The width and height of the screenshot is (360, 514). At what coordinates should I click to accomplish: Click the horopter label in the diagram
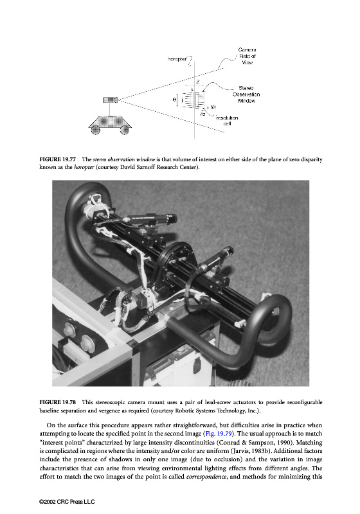[177, 59]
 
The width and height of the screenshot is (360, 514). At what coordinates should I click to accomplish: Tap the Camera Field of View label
[248, 56]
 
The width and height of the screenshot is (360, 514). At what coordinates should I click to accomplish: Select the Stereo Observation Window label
[246, 94]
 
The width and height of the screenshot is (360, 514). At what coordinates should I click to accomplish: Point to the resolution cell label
[227, 121]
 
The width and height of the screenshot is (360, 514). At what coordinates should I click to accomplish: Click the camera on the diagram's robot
[111, 100]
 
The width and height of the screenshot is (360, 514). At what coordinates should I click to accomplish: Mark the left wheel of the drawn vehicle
[95, 130]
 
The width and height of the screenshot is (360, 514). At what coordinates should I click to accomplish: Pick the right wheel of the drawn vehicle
[125, 130]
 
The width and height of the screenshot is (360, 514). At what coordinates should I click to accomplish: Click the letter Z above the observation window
[198, 82]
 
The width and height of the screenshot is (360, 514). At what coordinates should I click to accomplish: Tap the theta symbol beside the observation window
[174, 99]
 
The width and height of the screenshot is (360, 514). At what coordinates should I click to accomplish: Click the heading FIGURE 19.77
[58, 159]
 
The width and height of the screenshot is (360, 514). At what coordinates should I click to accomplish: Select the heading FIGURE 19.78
[58, 402]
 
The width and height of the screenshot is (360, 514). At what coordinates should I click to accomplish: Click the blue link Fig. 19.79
[219, 434]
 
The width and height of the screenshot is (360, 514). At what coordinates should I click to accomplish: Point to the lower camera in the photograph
[215, 260]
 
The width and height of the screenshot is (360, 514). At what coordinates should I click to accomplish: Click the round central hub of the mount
[177, 262]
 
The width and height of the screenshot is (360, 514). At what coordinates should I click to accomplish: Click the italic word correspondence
[206, 477]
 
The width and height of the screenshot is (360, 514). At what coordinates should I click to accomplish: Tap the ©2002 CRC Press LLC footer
[67, 502]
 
